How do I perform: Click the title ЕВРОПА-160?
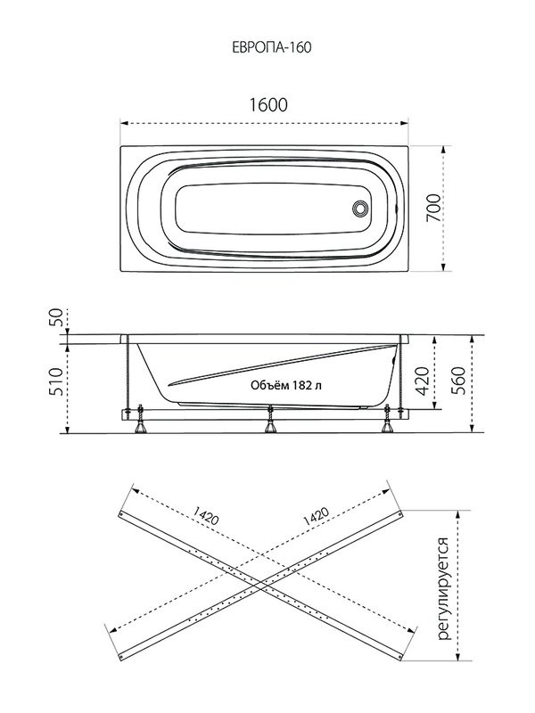pyautogui.click(x=272, y=47)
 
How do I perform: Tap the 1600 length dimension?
pyautogui.click(x=268, y=105)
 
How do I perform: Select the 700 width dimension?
pyautogui.click(x=433, y=208)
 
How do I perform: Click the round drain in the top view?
pyautogui.click(x=360, y=209)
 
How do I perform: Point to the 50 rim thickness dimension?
pyautogui.click(x=55, y=318)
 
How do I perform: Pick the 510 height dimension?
pyautogui.click(x=55, y=381)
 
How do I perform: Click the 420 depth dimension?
pyautogui.click(x=422, y=381)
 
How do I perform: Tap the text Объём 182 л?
pyautogui.click(x=286, y=386)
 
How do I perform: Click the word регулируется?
pyautogui.click(x=442, y=589)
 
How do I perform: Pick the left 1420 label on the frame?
pyautogui.click(x=206, y=516)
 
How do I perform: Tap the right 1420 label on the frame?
pyautogui.click(x=317, y=516)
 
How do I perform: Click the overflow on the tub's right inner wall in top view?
pyautogui.click(x=397, y=209)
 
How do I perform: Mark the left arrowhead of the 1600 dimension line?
pyautogui.click(x=124, y=123)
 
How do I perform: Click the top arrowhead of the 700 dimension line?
pyautogui.click(x=443, y=150)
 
